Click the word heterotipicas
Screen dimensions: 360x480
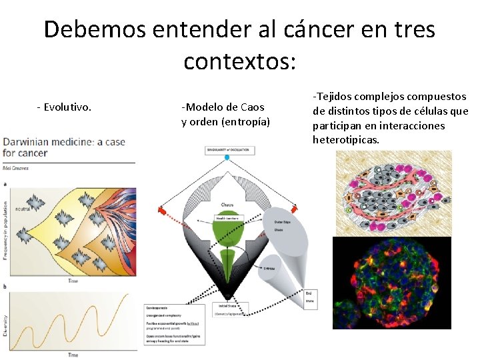[x=345, y=140]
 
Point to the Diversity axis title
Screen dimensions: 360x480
[x=6, y=324]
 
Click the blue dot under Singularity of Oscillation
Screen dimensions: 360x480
[x=227, y=158]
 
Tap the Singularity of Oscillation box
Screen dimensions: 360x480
[x=227, y=150]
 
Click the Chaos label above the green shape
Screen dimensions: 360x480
[x=227, y=205]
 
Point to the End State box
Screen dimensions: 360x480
[x=309, y=297]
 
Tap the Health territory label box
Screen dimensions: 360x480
[x=227, y=219]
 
